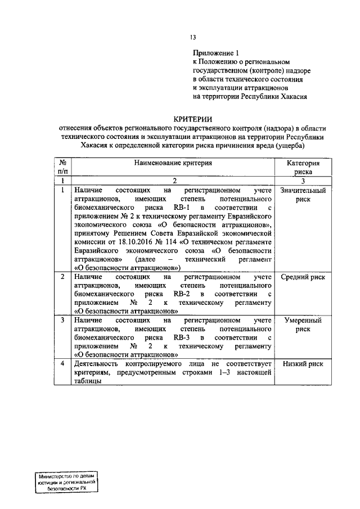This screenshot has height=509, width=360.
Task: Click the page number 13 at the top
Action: point(192,38)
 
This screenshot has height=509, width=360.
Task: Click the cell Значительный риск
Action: point(303,195)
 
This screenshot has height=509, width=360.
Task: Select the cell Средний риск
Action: point(303,277)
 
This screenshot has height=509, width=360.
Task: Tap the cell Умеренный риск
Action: point(303,325)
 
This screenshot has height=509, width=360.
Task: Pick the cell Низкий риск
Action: point(303,364)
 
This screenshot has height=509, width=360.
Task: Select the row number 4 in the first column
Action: point(62,364)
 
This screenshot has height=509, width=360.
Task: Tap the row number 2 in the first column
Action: point(62,277)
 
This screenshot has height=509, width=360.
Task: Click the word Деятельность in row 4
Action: point(96,364)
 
